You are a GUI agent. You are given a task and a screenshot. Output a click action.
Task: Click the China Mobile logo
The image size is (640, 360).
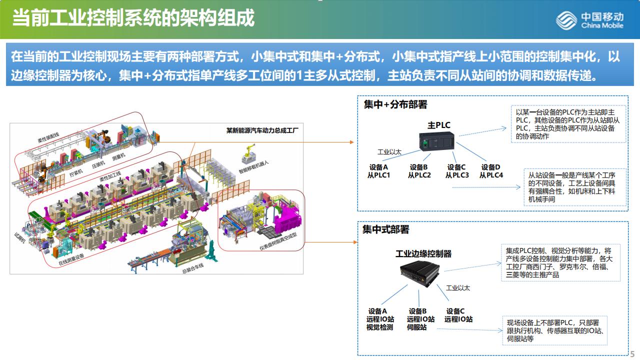pyautogui.click(x=590, y=20)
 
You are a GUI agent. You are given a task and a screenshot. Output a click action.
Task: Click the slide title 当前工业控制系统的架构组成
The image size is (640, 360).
pyautogui.click(x=133, y=18)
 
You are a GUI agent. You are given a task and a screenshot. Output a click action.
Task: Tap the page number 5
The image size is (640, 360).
pyautogui.click(x=632, y=353)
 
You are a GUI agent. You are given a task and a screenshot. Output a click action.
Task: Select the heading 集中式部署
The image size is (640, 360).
pyautogui.click(x=385, y=229)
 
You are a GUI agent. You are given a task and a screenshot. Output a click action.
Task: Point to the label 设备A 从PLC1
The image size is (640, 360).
pyautogui.click(x=378, y=171)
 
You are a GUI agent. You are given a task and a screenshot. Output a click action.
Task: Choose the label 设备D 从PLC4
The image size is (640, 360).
pyautogui.click(x=491, y=171)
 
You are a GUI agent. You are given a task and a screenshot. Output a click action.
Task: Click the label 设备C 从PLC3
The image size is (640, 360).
pyautogui.click(x=457, y=171)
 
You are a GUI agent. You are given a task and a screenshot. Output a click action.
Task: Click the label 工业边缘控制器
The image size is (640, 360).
pyautogui.click(x=423, y=254)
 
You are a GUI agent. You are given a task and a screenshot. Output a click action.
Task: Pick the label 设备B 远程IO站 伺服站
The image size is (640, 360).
pyautogui.click(x=420, y=319)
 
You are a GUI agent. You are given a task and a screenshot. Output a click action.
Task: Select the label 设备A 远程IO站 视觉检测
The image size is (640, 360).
pyautogui.click(x=380, y=319)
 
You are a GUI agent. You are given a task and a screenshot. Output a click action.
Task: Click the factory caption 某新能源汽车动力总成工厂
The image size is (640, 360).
pyautogui.click(x=262, y=130)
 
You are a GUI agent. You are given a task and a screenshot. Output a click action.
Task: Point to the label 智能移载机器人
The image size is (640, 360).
pyautogui.click(x=253, y=169)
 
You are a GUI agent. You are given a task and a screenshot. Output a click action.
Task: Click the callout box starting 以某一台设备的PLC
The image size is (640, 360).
pyautogui.click(x=568, y=124)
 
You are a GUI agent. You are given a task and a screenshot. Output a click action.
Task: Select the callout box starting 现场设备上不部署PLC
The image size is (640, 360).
pyautogui.click(x=554, y=330)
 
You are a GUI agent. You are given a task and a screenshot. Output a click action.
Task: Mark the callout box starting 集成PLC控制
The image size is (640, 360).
pyautogui.click(x=558, y=262)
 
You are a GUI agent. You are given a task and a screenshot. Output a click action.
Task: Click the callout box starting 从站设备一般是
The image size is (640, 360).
pyautogui.click(x=575, y=187)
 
